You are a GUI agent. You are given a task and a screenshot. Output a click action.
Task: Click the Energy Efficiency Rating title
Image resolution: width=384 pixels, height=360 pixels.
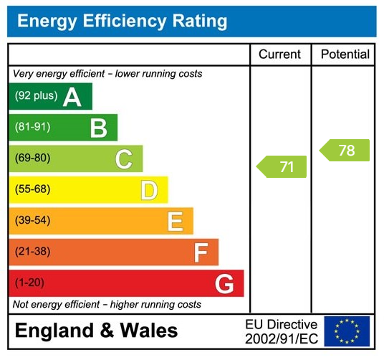[x=122, y=21]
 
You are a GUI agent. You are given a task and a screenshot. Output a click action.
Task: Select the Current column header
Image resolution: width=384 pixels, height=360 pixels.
[x=279, y=55]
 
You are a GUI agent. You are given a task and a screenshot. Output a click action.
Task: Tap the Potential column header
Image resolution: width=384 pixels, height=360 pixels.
[x=345, y=55]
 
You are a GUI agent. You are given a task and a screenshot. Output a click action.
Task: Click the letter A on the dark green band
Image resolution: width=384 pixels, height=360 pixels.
[x=72, y=97]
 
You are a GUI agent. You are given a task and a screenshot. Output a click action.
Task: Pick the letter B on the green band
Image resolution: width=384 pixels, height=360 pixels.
[x=98, y=128]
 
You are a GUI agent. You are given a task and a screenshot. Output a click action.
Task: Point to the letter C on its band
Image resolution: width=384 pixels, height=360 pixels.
[x=124, y=159]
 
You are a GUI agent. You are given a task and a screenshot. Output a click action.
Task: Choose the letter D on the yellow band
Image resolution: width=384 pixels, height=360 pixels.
[x=149, y=190]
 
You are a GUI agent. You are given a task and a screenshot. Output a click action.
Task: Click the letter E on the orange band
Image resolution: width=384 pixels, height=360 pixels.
[x=175, y=222]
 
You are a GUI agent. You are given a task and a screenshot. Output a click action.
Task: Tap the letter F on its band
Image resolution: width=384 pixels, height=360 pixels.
[x=201, y=252]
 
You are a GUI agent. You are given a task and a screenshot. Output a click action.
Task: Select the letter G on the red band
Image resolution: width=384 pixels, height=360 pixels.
[x=224, y=284]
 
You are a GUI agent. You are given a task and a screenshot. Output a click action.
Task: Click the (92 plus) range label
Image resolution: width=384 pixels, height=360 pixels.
[x=36, y=96]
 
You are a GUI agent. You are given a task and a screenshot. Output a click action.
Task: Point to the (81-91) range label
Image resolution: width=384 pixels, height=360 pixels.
[x=32, y=128]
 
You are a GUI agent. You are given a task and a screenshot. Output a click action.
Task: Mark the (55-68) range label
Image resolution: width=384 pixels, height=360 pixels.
[x=32, y=189]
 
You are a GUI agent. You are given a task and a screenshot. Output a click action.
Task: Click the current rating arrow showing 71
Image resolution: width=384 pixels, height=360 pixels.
[x=282, y=167]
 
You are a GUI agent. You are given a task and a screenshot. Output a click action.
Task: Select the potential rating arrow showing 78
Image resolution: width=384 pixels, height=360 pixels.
[x=345, y=151]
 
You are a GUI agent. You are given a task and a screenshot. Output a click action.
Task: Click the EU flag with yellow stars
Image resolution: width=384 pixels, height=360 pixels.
[x=347, y=331]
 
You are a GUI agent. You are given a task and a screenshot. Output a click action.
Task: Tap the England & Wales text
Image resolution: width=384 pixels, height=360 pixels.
[x=96, y=331]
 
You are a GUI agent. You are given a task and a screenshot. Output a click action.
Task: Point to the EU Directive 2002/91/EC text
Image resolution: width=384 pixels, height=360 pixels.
[x=282, y=331]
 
